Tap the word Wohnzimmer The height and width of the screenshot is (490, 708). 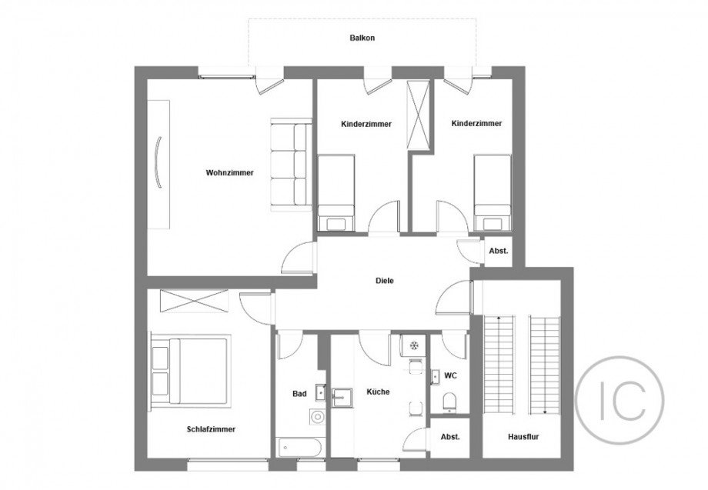pyautogui.click(x=225, y=172)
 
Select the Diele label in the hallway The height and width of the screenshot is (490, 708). pyautogui.click(x=385, y=281)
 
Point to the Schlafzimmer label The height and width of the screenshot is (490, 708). pyautogui.click(x=210, y=429)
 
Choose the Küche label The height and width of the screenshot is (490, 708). pyautogui.click(x=378, y=392)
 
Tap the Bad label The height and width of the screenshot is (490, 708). pyautogui.click(x=299, y=394)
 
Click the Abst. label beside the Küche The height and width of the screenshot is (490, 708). pyautogui.click(x=449, y=436)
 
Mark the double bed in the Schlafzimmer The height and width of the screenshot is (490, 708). pyautogui.click(x=190, y=369)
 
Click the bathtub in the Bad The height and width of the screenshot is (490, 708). pyautogui.click(x=299, y=446)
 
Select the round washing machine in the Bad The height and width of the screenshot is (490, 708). pyautogui.click(x=316, y=418)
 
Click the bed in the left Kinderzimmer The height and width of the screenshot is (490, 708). pyautogui.click(x=336, y=192)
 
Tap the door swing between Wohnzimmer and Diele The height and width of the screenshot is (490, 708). pyautogui.click(x=299, y=258)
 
